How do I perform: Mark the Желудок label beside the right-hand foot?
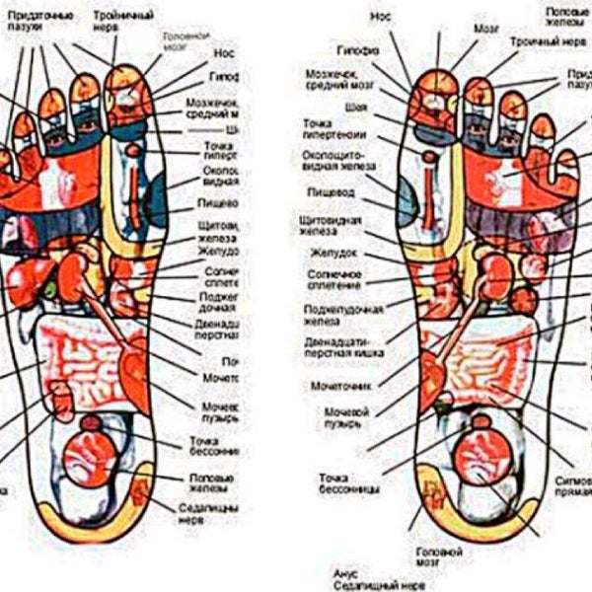[x=327, y=254]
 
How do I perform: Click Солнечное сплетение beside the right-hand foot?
[x=332, y=279]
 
